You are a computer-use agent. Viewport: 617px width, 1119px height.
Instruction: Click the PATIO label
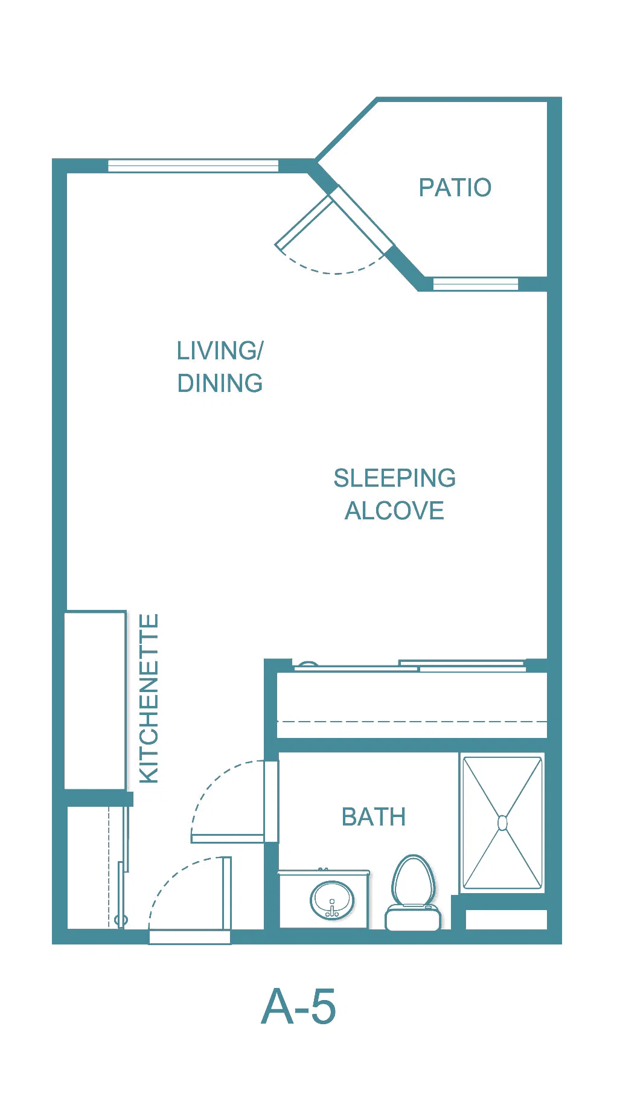point(455,188)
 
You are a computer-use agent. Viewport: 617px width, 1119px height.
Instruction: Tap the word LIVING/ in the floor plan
point(220,351)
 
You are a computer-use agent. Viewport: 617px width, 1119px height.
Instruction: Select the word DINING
point(220,383)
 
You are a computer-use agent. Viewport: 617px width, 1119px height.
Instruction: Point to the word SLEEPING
point(395,478)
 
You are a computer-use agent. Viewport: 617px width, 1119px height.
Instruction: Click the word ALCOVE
point(395,511)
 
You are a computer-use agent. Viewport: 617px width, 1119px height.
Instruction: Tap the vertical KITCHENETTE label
point(149,699)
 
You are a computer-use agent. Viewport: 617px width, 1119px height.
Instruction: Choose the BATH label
point(374,817)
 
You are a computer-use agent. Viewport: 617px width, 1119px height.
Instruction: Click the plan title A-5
point(298,1007)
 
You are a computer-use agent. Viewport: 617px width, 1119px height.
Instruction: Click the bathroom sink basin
point(332,900)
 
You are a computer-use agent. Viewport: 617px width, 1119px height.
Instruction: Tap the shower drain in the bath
point(502,822)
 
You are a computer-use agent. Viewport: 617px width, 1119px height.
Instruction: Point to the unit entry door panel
point(227,894)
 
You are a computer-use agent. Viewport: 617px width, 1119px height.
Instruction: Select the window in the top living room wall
point(193,165)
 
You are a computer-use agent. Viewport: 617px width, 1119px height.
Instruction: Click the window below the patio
point(476,284)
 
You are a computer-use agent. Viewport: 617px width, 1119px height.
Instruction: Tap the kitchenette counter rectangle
point(95,700)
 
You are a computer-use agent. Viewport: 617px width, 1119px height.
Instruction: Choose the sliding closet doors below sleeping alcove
point(410,666)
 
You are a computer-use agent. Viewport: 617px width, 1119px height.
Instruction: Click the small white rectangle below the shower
point(507,919)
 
